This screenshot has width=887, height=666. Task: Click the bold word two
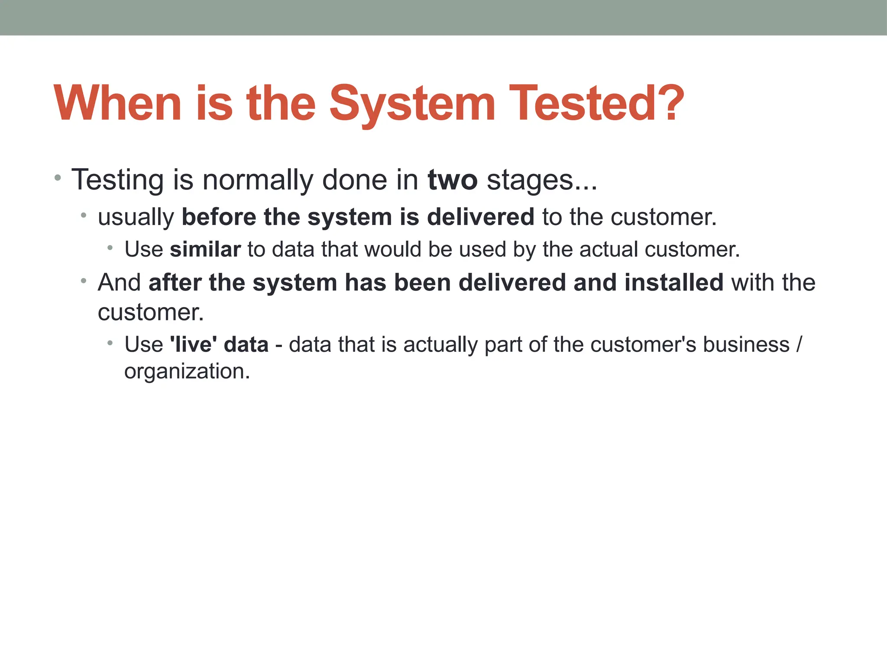click(x=453, y=180)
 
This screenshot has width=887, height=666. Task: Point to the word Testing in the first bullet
click(x=117, y=180)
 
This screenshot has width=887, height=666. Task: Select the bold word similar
click(x=205, y=250)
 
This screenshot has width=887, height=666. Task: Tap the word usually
click(x=136, y=217)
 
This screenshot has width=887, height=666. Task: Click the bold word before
click(x=219, y=217)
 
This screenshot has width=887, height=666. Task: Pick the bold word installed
click(x=674, y=283)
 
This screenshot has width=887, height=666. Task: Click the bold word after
click(x=175, y=283)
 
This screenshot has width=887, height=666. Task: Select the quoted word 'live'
click(x=193, y=345)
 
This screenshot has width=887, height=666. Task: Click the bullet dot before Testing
click(x=58, y=177)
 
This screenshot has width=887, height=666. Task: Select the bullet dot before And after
click(x=84, y=281)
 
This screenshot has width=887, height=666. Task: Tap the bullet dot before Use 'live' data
click(x=110, y=343)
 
